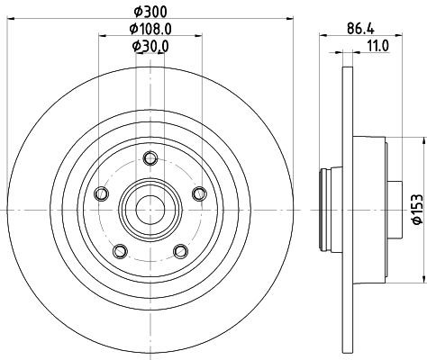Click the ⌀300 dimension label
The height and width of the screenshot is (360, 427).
(x=150, y=12)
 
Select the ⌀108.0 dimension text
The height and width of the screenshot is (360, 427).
(x=150, y=29)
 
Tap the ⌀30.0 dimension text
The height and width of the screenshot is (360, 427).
(x=150, y=46)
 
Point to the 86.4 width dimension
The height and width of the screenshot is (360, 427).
(x=360, y=29)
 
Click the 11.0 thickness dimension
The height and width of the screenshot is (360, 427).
(x=377, y=46)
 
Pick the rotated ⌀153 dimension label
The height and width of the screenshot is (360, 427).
(x=417, y=209)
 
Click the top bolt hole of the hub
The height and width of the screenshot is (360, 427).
(x=150, y=158)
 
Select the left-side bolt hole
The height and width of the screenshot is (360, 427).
(x=101, y=193)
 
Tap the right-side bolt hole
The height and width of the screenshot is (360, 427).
(x=199, y=193)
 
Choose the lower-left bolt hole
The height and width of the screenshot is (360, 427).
(x=120, y=251)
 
